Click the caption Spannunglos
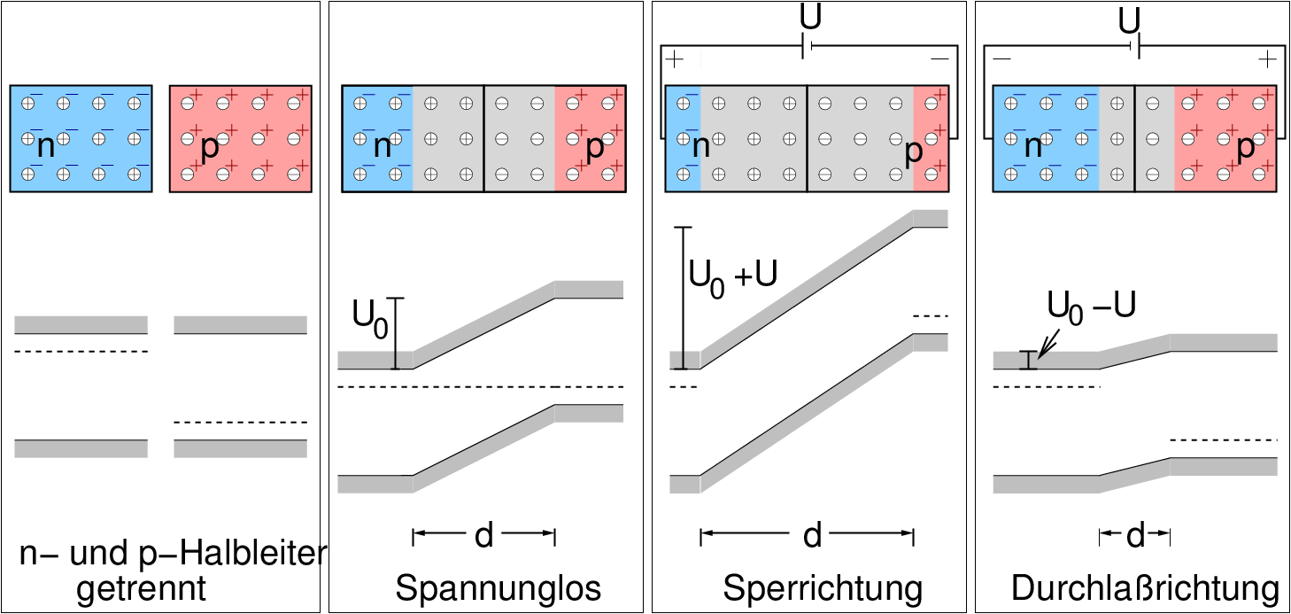coord(499,588)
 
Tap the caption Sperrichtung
coord(823,588)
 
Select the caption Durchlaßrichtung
coord(1145,588)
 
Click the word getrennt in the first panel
coord(142,588)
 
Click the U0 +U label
coord(733,275)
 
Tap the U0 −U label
coord(1091,306)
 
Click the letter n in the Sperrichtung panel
coord(700,147)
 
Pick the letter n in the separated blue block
coord(46,147)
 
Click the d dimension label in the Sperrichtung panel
coord(812,534)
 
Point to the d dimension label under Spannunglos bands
coord(483,534)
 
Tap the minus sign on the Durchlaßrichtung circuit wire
coord(1002,59)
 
